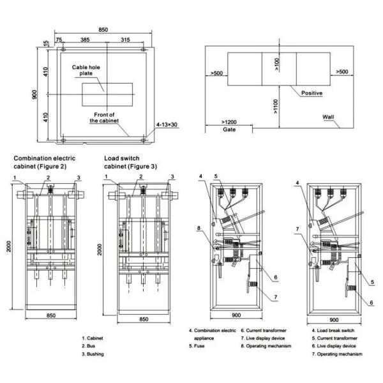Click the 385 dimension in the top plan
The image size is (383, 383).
click(x=85, y=40)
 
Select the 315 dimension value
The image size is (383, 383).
click(x=125, y=40)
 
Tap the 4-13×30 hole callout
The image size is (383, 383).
click(x=167, y=124)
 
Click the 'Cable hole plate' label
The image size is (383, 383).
click(x=86, y=70)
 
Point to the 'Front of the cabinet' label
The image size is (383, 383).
click(x=104, y=117)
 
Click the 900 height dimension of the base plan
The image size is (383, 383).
click(x=34, y=94)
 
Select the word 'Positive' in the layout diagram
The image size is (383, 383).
click(x=312, y=93)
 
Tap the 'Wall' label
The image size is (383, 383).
click(x=328, y=117)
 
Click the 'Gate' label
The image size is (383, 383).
click(x=229, y=130)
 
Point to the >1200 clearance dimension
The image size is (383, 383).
click(x=229, y=122)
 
